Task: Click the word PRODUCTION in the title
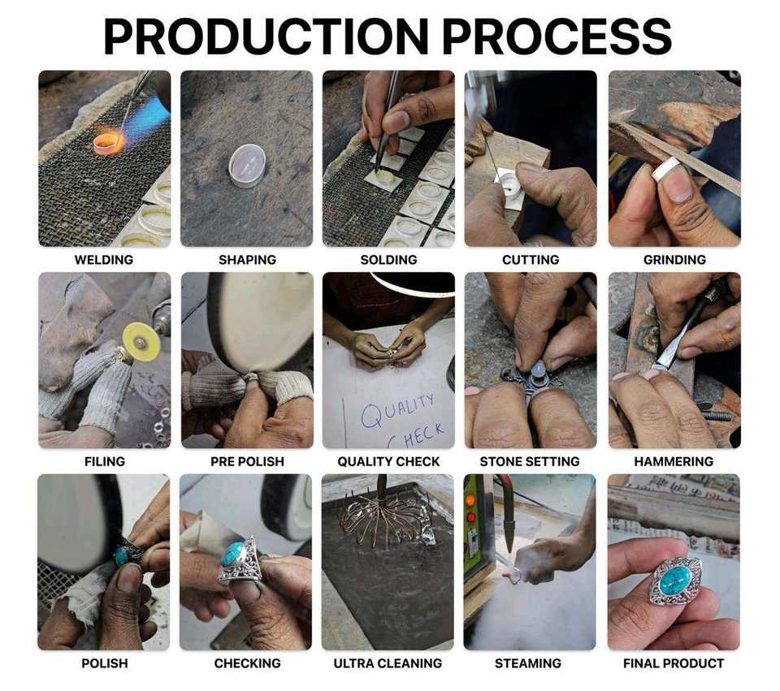pyautogui.click(x=266, y=36)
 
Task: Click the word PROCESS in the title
pyautogui.click(x=557, y=36)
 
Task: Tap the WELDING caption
pyautogui.click(x=104, y=260)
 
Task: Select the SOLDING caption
pyautogui.click(x=388, y=260)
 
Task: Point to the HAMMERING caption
pyautogui.click(x=674, y=461)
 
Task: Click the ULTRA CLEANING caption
pyautogui.click(x=388, y=663)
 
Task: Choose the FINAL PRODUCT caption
pyautogui.click(x=674, y=663)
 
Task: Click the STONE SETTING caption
pyautogui.click(x=530, y=461)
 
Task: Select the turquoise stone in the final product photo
pyautogui.click(x=674, y=580)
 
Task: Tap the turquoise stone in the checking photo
pyautogui.click(x=233, y=553)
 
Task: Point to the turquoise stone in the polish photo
pyautogui.click(x=121, y=556)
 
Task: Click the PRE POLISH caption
pyautogui.click(x=247, y=461)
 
